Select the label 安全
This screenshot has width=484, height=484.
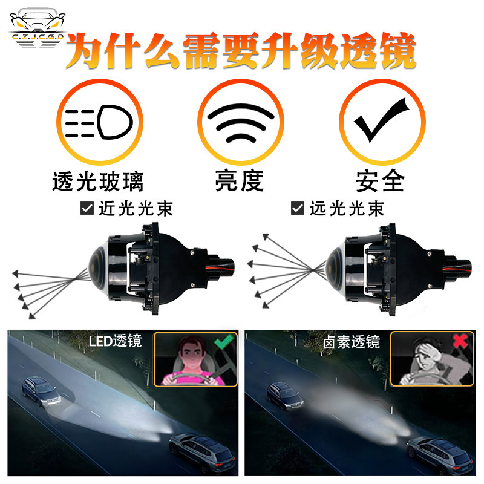(x=380, y=180)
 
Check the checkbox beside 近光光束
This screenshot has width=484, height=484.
(x=87, y=209)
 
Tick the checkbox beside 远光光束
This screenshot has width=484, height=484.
(x=297, y=209)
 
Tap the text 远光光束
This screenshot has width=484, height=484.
(x=347, y=209)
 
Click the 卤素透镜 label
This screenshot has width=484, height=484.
(x=352, y=342)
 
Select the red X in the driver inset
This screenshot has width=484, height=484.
(x=460, y=341)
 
